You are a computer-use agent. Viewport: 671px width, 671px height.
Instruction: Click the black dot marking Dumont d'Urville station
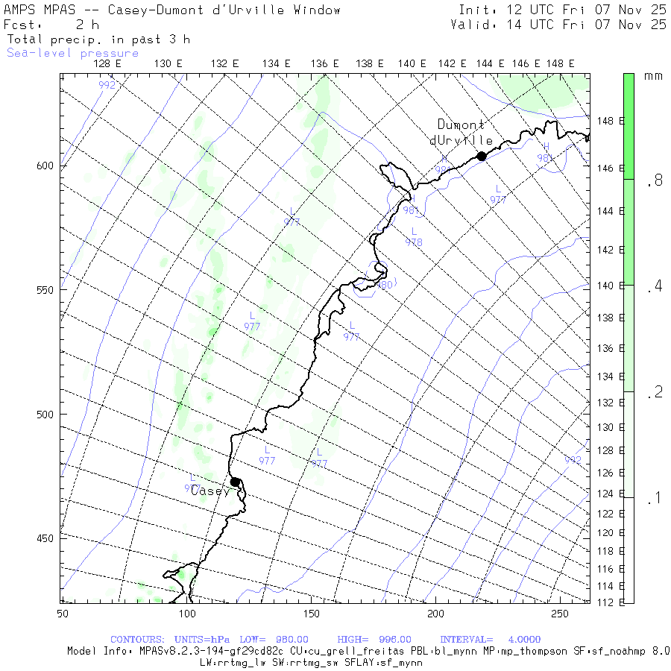[482, 156]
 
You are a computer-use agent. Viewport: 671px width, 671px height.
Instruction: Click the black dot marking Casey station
[235, 482]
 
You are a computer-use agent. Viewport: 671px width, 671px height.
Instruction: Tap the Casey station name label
[210, 491]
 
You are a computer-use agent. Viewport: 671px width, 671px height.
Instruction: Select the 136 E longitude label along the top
[325, 64]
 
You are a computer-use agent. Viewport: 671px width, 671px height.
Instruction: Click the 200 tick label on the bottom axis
[435, 613]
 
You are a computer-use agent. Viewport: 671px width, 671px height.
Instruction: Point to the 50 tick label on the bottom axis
[62, 613]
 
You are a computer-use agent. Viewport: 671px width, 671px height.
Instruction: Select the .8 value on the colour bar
[654, 180]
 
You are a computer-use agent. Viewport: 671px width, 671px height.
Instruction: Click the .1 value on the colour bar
[654, 499]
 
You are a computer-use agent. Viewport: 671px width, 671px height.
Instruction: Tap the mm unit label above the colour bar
[653, 76]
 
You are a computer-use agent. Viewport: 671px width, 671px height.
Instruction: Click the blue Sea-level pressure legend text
[72, 53]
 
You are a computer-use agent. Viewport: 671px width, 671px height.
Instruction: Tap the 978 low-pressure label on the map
[414, 242]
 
